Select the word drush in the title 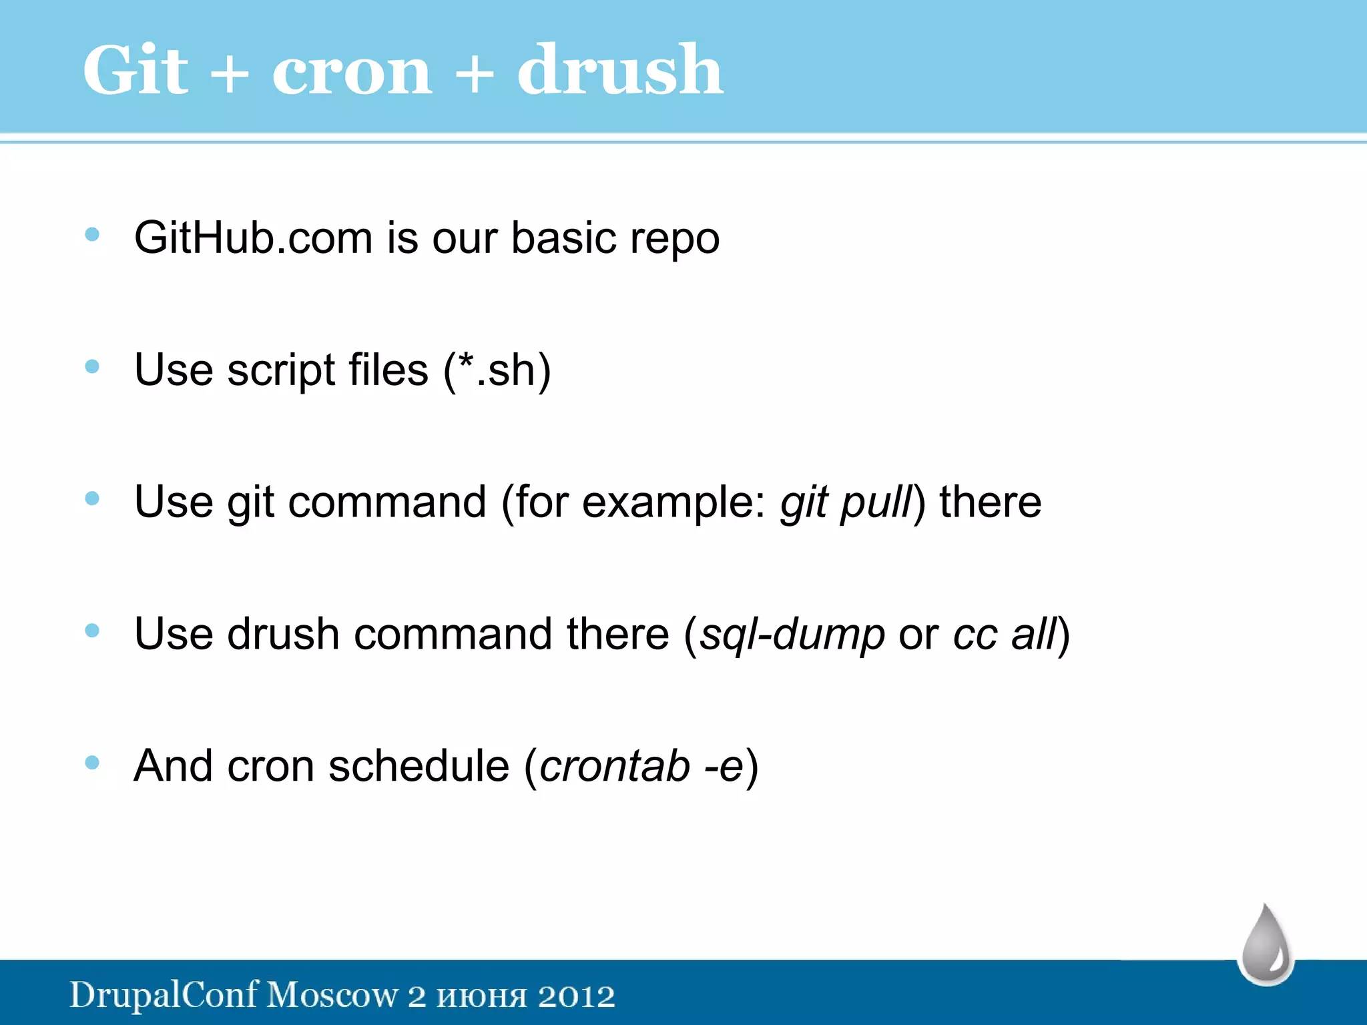620,70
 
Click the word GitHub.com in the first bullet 253,238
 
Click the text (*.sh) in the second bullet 497,370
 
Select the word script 281,371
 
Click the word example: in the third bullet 673,502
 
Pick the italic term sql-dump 792,635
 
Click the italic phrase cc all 1005,635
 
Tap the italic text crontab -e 641,766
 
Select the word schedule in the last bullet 419,766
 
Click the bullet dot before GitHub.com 92,234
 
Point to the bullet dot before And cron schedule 92,762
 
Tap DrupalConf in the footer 164,996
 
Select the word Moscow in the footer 332,996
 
